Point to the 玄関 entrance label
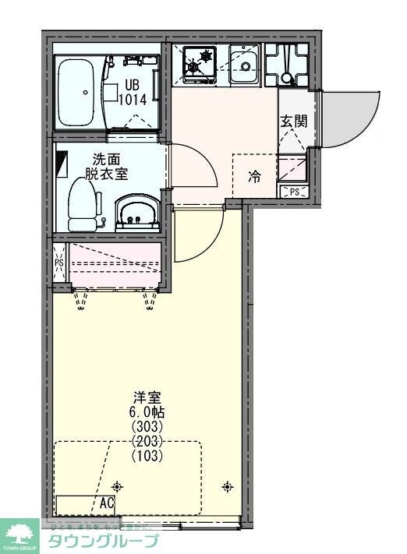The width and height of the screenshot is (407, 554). pyautogui.click(x=294, y=122)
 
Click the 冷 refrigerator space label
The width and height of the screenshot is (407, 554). pyautogui.click(x=255, y=177)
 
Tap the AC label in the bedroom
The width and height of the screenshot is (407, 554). pyautogui.click(x=107, y=503)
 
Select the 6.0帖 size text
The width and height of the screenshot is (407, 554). pyautogui.click(x=147, y=412)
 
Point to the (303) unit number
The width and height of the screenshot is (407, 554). pyautogui.click(x=147, y=427)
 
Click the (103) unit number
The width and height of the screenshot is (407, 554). pyautogui.click(x=147, y=456)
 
